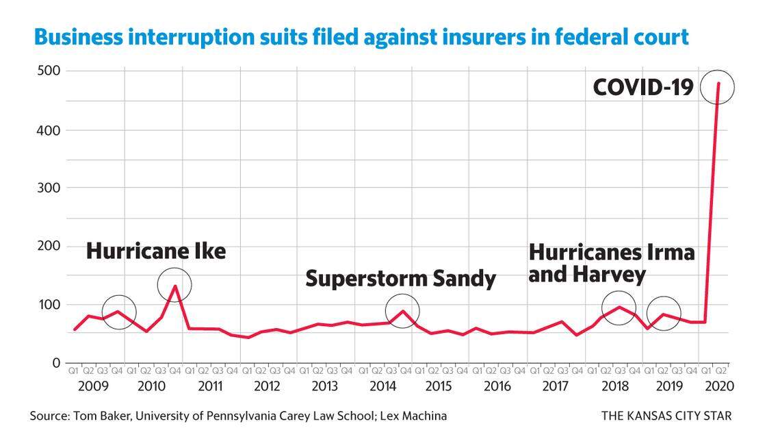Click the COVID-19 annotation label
(644, 87)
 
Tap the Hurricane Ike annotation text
(155, 251)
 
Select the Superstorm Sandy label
(400, 279)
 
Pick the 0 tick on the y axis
(57, 362)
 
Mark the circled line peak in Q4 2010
(174, 285)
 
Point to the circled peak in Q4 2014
(402, 311)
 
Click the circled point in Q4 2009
(118, 312)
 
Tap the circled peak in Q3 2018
(619, 308)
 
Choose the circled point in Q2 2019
(663, 314)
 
